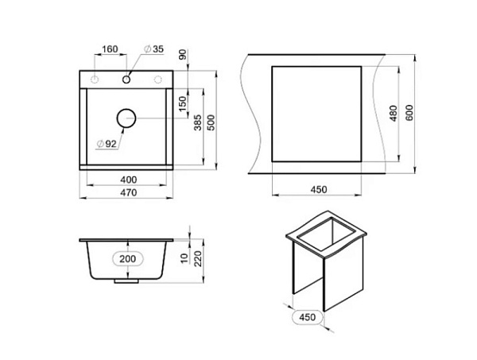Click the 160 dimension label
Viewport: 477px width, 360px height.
pyautogui.click(x=110, y=49)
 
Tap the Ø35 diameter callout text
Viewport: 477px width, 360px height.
pyautogui.click(x=153, y=50)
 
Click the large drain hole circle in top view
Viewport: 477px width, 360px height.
pyautogui.click(x=127, y=118)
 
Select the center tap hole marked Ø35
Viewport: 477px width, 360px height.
pyautogui.click(x=126, y=79)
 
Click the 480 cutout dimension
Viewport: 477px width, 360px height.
pyautogui.click(x=392, y=114)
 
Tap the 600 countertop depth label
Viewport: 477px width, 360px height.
pyautogui.click(x=409, y=114)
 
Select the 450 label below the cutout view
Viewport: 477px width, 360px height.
pyautogui.click(x=318, y=189)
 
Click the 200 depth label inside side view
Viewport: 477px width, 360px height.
pyautogui.click(x=128, y=259)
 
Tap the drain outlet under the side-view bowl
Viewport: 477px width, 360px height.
pyautogui.click(x=127, y=280)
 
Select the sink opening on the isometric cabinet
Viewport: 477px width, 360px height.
pyautogui.click(x=325, y=234)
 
